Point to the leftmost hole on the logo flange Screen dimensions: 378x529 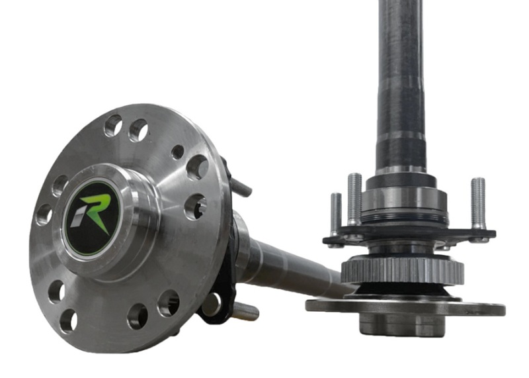click(x=44, y=214)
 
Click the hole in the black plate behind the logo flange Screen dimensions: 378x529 click(x=211, y=304)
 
